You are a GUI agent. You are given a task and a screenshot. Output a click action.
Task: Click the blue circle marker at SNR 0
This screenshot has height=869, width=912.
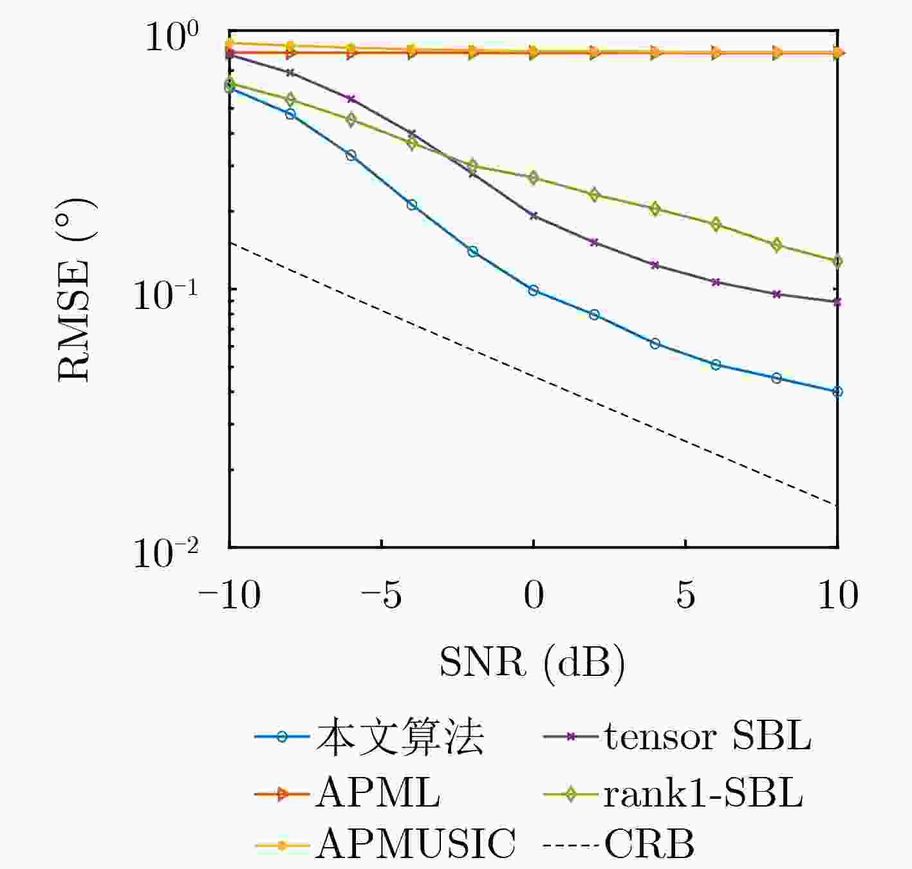[x=533, y=290]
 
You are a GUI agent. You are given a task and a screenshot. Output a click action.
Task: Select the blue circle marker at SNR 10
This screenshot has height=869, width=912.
[x=837, y=391]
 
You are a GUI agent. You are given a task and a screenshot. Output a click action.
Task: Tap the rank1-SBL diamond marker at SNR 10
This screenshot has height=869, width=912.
[x=837, y=261]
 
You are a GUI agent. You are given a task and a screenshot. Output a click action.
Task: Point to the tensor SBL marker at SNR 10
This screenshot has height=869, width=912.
[x=837, y=302]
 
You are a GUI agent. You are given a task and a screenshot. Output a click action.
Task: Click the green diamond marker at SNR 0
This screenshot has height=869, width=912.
[x=533, y=178]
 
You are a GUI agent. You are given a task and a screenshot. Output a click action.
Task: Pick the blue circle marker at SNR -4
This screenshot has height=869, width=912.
[x=412, y=205]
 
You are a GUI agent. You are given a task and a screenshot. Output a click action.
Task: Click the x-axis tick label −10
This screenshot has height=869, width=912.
[x=230, y=595]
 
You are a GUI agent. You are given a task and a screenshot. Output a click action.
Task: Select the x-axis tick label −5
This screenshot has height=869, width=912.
[x=381, y=595]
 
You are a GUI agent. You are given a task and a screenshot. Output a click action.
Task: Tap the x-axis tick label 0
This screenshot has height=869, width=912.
[x=534, y=595]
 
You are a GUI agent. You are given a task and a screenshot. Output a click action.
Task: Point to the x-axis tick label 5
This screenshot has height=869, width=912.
[x=685, y=595]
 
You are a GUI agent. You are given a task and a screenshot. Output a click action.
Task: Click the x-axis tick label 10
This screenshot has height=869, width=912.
[x=837, y=595]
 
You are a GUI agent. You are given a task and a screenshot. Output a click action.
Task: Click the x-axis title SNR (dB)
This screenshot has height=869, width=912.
[x=532, y=662]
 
